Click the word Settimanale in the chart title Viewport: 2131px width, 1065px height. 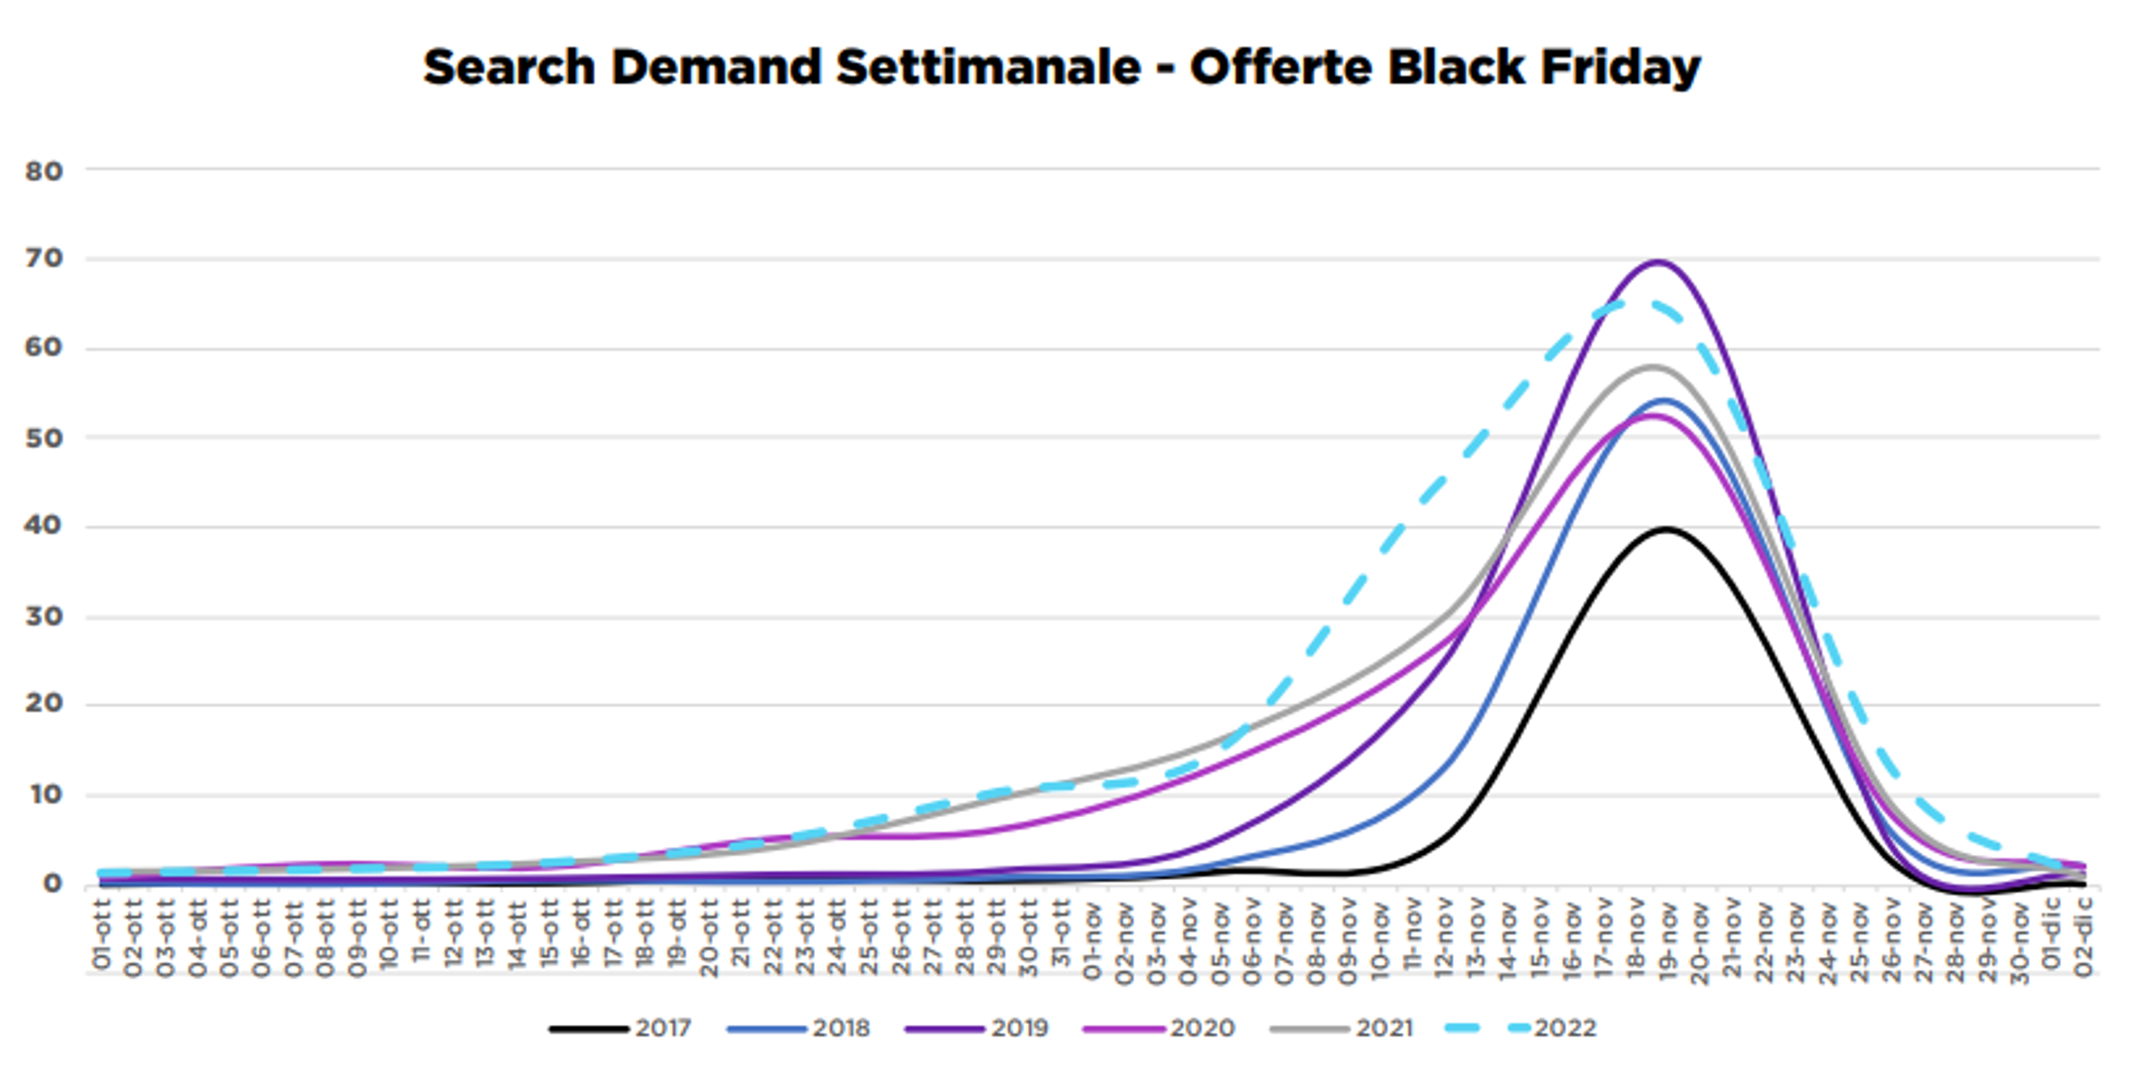click(988, 68)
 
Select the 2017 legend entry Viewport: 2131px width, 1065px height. click(621, 1028)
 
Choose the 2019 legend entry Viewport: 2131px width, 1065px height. click(977, 1028)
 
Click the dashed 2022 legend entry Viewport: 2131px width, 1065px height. click(1522, 1028)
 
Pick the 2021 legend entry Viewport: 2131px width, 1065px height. click(1341, 1028)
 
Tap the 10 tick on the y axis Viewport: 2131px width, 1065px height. click(45, 794)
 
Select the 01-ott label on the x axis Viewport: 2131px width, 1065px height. click(101, 935)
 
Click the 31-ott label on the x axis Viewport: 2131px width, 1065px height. click(1061, 935)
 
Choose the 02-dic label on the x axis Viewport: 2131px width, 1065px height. click(2084, 938)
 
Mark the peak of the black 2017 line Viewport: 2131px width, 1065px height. click(1666, 529)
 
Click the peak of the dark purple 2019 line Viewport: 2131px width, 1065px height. click(1658, 261)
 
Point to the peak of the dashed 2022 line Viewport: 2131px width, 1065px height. click(1635, 304)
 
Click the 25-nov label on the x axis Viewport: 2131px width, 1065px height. click(1860, 941)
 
